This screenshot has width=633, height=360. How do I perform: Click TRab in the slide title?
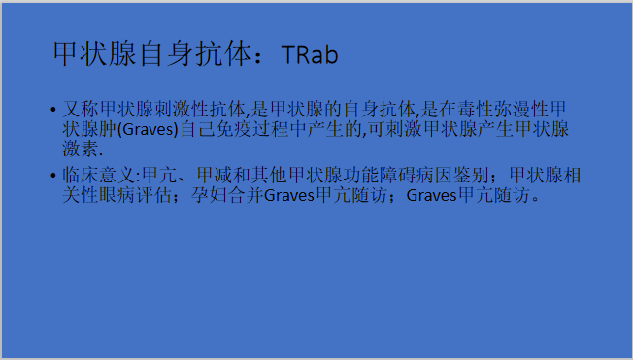click(310, 54)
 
